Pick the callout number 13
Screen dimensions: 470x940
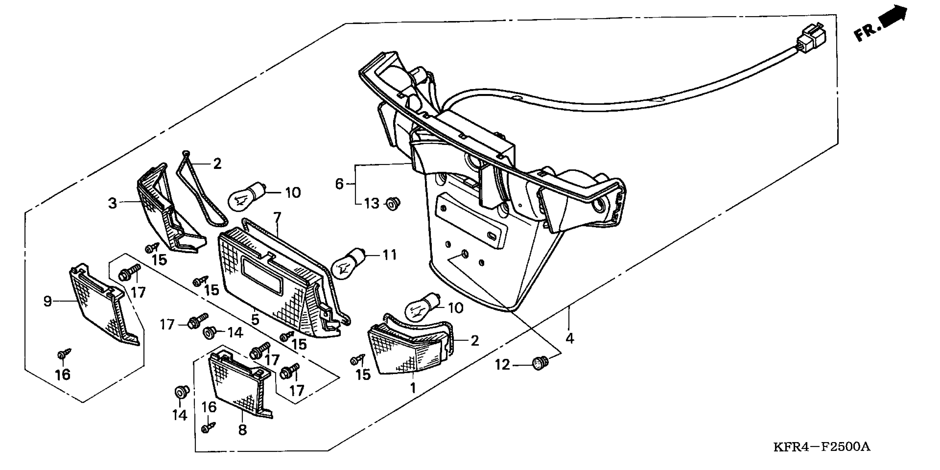tap(372, 203)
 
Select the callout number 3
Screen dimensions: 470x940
tap(113, 203)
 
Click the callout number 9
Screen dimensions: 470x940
tap(48, 301)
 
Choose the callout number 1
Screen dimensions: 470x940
tap(413, 388)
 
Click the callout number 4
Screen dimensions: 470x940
tap(570, 339)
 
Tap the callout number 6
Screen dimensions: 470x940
tap(339, 184)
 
